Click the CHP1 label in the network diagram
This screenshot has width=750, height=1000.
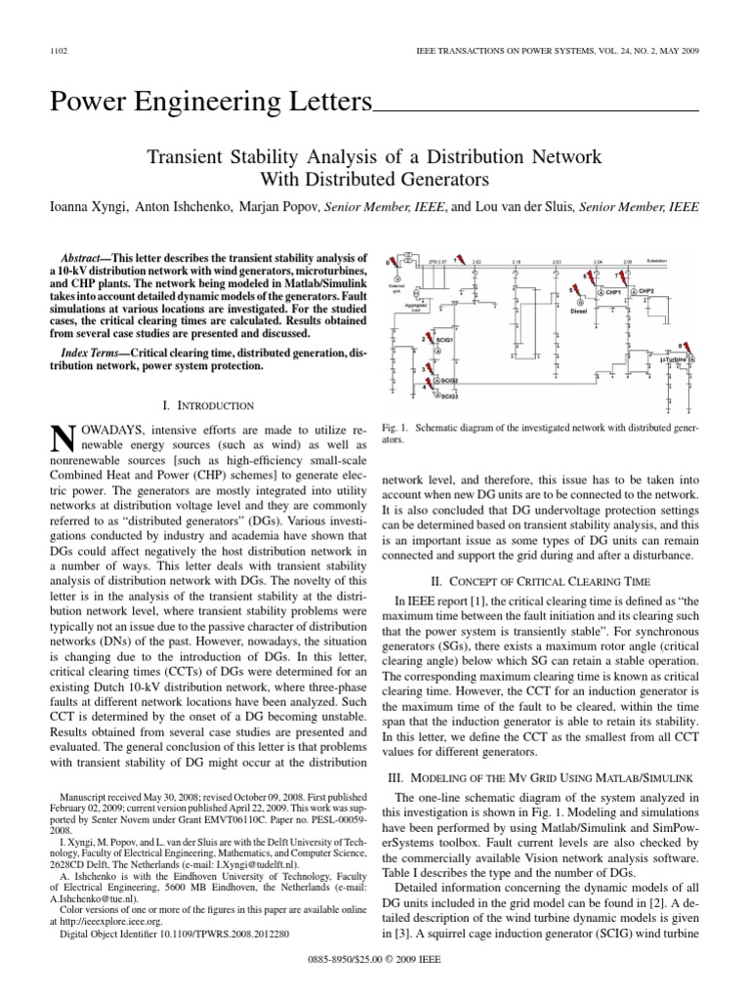click(613, 291)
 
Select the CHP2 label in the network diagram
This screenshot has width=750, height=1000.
click(646, 291)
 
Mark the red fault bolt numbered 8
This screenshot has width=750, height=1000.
click(684, 347)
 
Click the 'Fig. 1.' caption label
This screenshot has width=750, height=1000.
click(395, 429)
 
